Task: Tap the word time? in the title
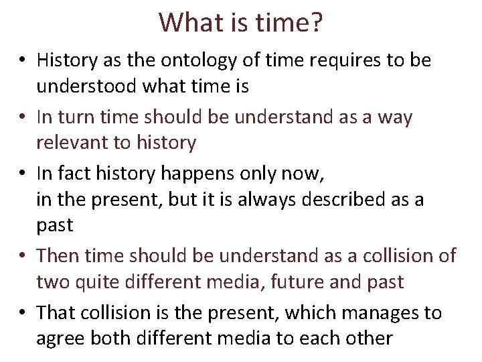[289, 23]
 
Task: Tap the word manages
[364, 313]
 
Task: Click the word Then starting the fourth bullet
[58, 256]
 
